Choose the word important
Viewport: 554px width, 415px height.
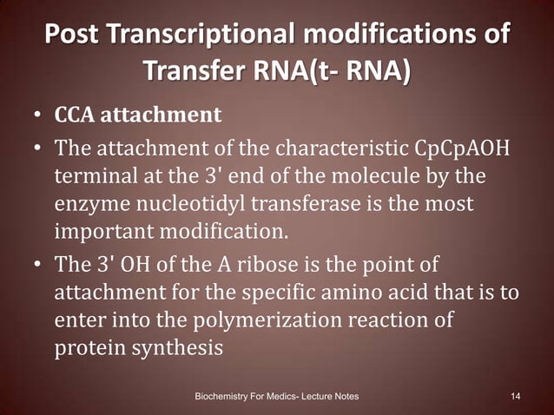pos(109,233)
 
